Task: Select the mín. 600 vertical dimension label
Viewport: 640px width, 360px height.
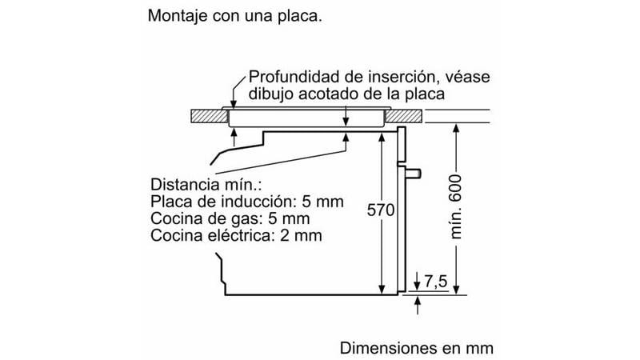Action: point(457,207)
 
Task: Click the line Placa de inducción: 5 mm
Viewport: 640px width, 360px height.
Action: point(247,202)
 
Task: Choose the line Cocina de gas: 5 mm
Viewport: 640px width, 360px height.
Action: point(230,218)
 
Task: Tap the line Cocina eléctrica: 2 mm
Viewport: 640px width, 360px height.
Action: point(236,235)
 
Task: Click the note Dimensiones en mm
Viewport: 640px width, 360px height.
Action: point(417,349)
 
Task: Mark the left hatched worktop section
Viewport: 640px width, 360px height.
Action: point(209,117)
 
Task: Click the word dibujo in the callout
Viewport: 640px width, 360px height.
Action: point(273,94)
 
